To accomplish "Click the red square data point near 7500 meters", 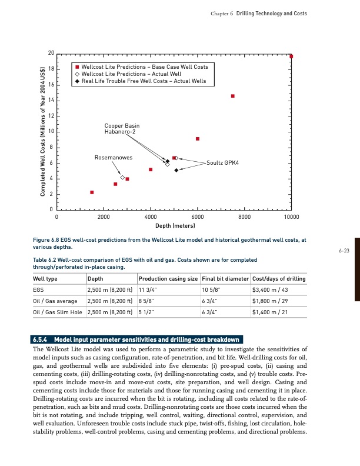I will point(233,96).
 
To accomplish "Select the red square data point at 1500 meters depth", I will point(92,192).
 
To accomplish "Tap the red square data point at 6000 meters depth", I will point(198,139).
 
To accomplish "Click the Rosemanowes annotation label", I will point(113,158).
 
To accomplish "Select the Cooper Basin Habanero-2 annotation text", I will point(122,129).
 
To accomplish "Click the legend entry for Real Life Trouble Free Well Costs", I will point(144,81).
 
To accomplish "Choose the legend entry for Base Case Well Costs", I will point(144,67).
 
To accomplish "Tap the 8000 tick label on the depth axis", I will point(245,218).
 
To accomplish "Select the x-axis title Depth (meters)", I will point(175,226).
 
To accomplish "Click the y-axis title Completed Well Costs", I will point(43,132).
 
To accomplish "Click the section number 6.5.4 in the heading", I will point(41,339).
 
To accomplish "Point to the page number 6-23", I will point(344,251).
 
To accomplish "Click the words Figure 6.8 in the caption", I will point(47,240).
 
